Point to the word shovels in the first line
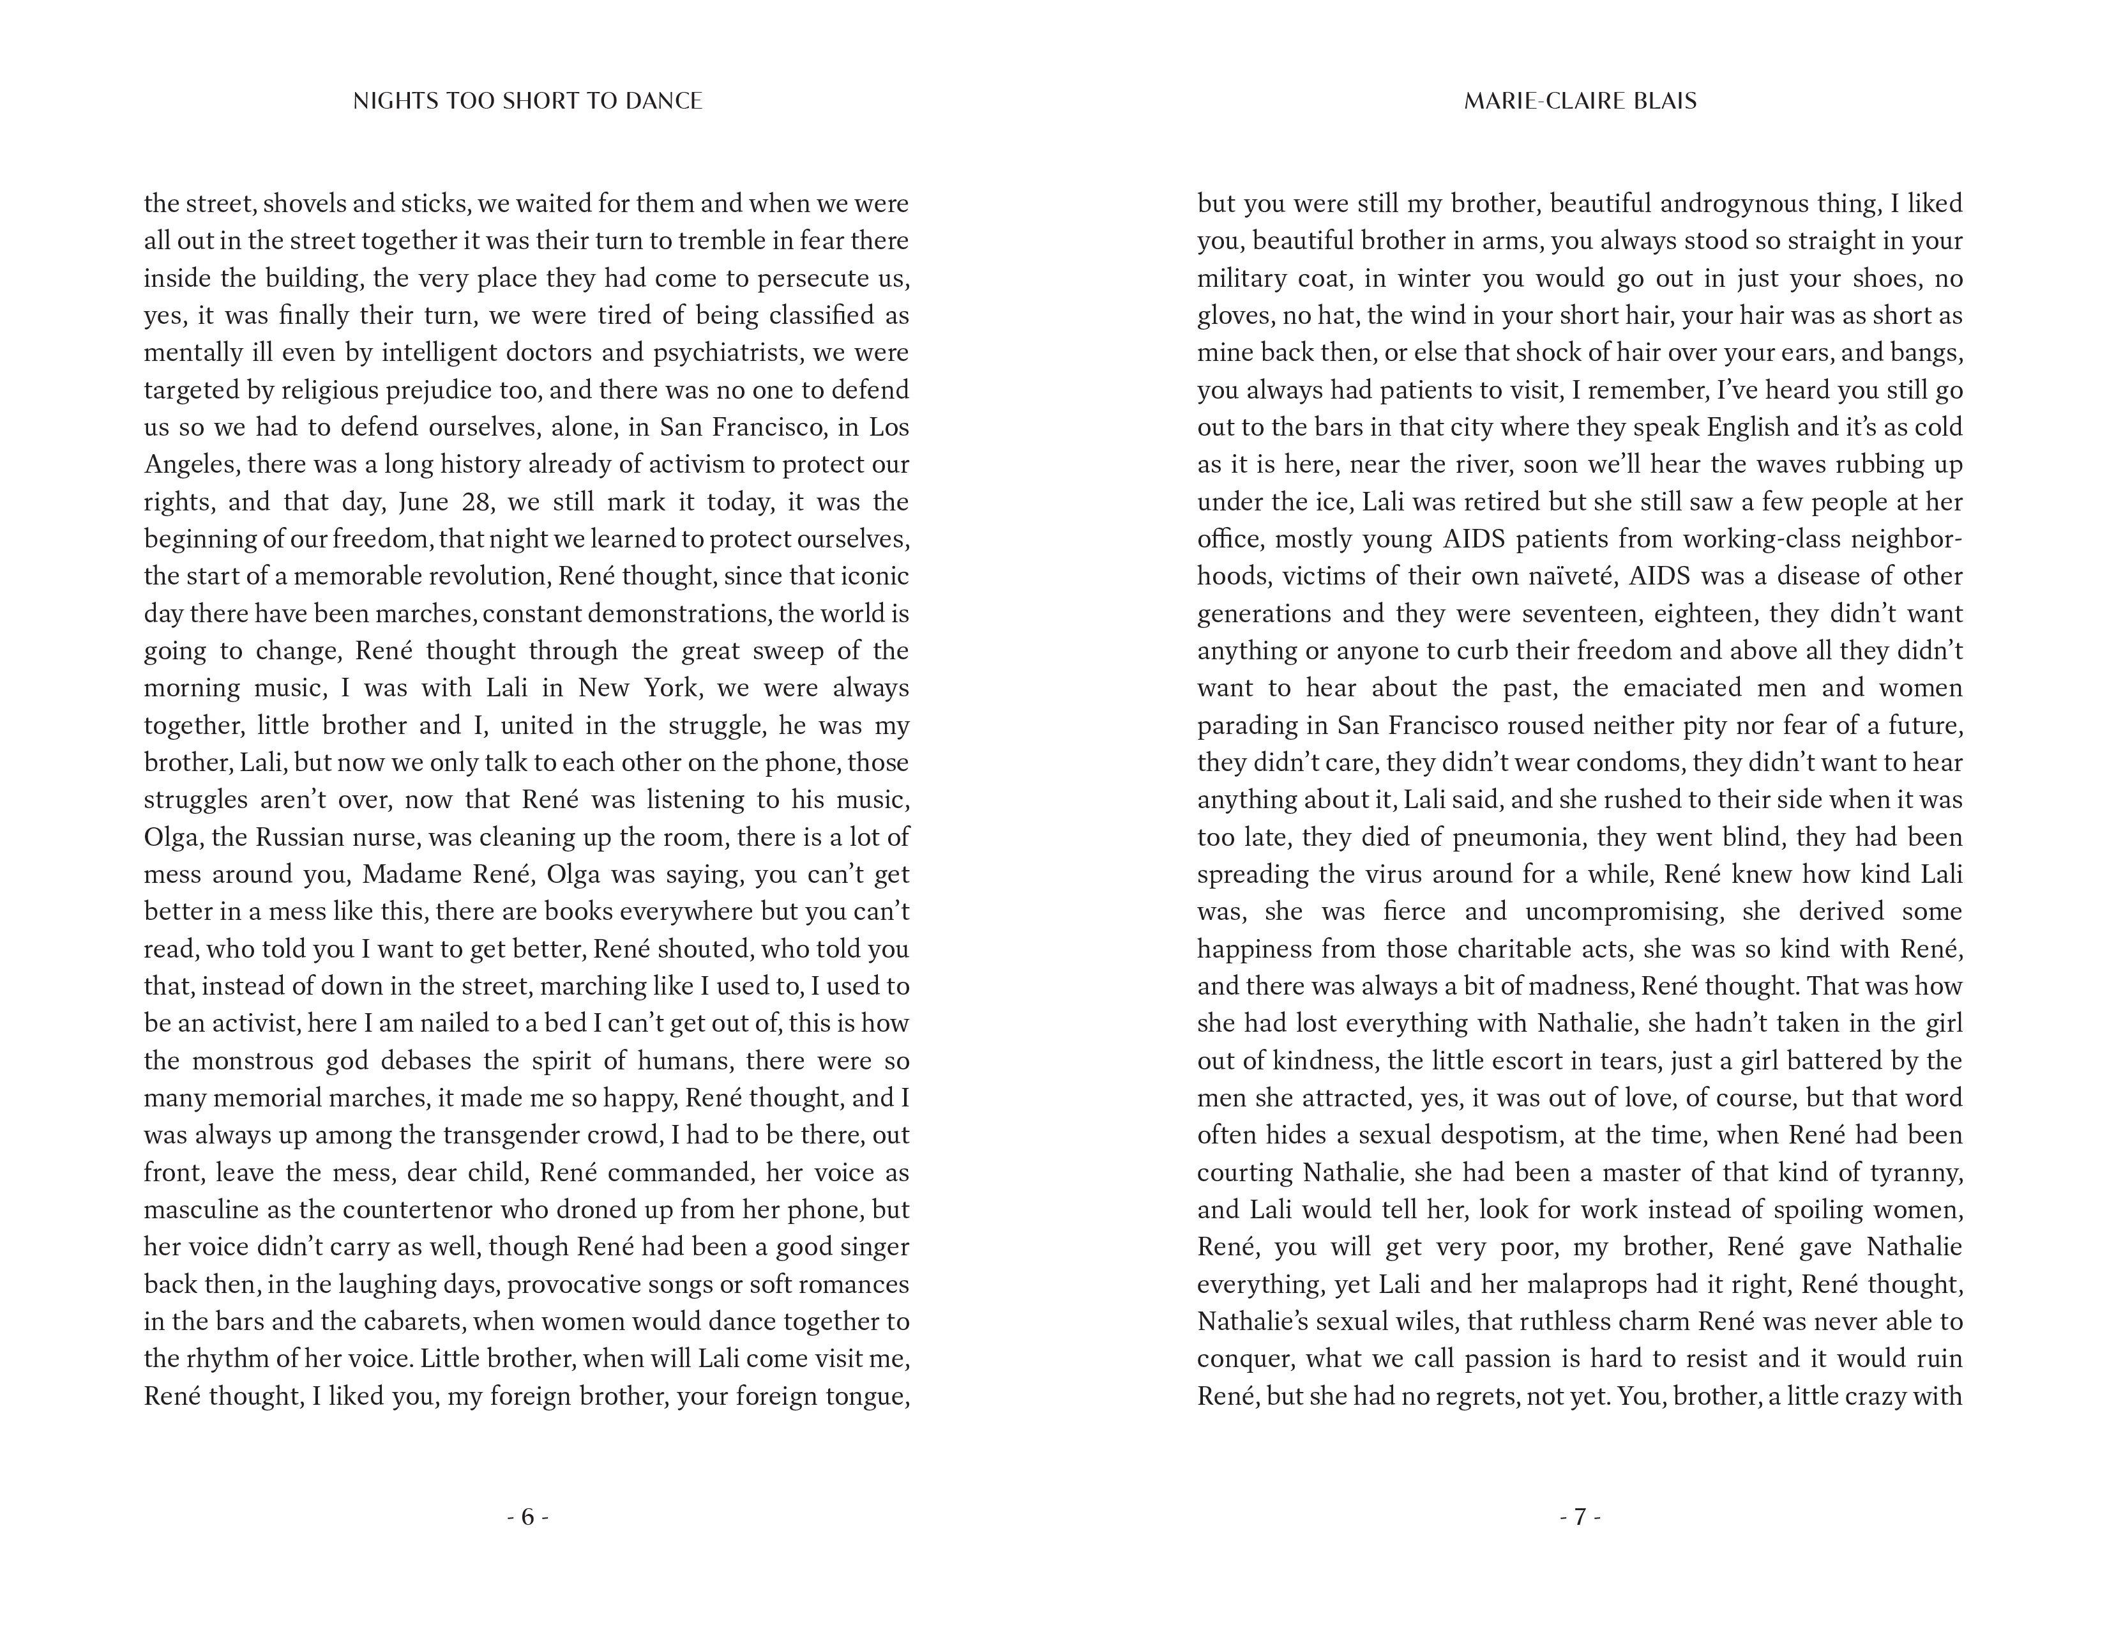coord(303,204)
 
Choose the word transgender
coord(517,1136)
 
